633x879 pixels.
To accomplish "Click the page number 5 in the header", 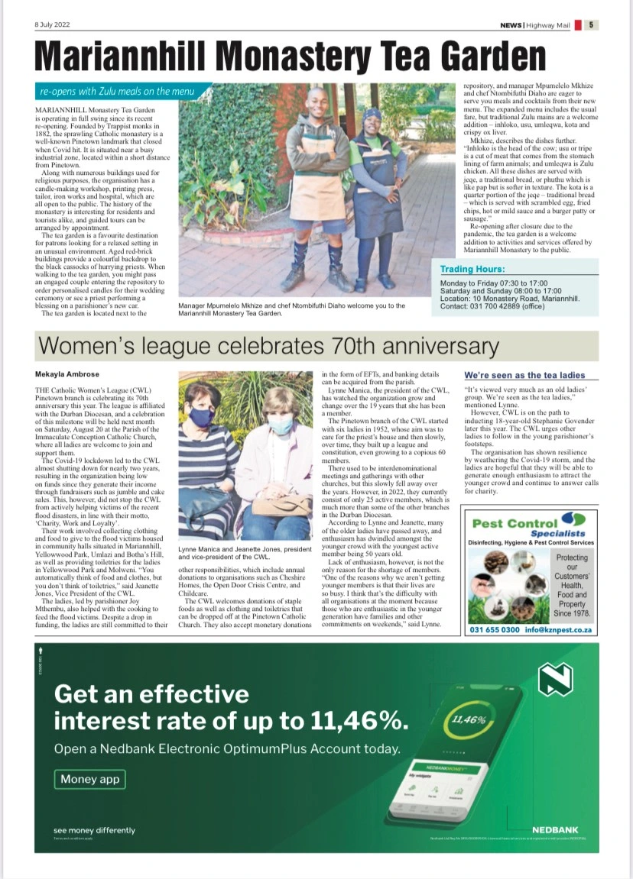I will click(x=593, y=24).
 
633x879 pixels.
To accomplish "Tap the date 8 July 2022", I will click(x=52, y=24).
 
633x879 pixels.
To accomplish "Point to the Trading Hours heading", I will click(x=472, y=269).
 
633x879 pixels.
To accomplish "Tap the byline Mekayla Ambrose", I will click(x=68, y=374).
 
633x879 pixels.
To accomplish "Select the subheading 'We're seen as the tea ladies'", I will click(x=524, y=375).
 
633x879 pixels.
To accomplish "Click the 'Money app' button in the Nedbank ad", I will click(x=89, y=779).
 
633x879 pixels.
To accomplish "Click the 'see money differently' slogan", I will click(x=94, y=830).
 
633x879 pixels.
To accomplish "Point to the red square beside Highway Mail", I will click(x=578, y=24).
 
